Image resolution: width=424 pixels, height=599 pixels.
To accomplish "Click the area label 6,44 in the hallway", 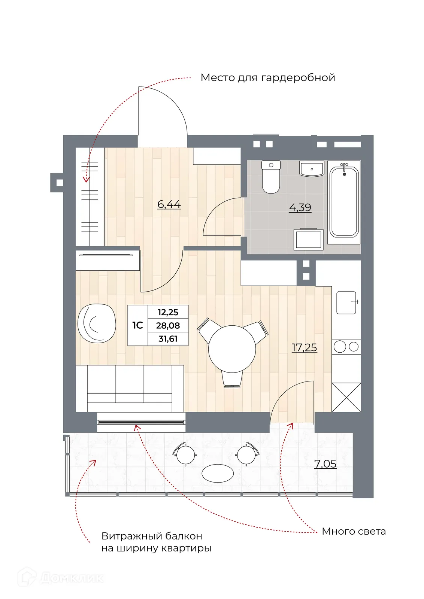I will (169, 204).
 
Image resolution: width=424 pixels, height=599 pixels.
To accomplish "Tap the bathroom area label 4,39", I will (300, 207).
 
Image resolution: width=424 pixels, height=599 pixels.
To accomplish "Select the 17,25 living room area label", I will (304, 347).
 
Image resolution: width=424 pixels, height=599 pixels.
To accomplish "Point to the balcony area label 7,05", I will (325, 464).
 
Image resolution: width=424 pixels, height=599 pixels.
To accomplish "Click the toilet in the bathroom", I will (271, 177).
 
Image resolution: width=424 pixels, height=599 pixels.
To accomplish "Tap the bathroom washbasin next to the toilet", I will (312, 169).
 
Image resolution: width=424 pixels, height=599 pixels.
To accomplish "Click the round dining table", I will (232, 349).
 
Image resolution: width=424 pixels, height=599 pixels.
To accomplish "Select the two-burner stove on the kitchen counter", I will (346, 347).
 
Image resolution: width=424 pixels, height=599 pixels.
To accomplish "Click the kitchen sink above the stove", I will (346, 302).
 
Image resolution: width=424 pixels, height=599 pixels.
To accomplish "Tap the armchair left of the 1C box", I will (96, 323).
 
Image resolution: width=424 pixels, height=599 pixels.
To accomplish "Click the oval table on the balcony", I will (218, 473).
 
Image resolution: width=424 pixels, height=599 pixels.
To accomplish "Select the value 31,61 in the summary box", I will (168, 339).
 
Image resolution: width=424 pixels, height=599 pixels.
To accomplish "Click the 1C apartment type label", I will (137, 325).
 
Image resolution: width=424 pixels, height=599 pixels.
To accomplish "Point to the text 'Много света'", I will (354, 531).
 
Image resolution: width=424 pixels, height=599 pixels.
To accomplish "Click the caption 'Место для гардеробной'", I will (267, 77).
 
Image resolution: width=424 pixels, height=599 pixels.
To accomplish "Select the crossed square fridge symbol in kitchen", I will (346, 397).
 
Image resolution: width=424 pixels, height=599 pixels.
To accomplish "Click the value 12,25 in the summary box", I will (168, 312).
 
